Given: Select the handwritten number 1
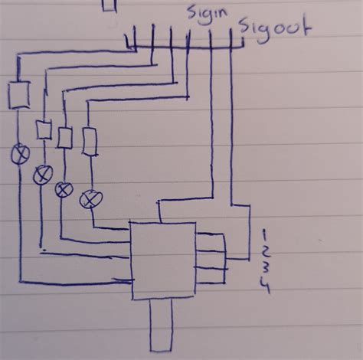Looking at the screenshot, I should click(263, 234).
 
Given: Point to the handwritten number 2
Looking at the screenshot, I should click(265, 251).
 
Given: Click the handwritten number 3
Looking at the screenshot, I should click(265, 270).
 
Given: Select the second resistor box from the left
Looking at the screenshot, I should click(44, 129).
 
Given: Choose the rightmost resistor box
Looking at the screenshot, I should click(89, 141).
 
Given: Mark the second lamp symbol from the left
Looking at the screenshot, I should click(41, 175).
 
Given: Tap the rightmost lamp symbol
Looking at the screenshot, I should click(90, 200).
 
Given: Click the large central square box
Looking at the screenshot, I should click(163, 260).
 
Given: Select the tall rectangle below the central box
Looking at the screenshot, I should click(162, 326).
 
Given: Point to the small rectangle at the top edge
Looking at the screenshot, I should click(110, 5).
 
